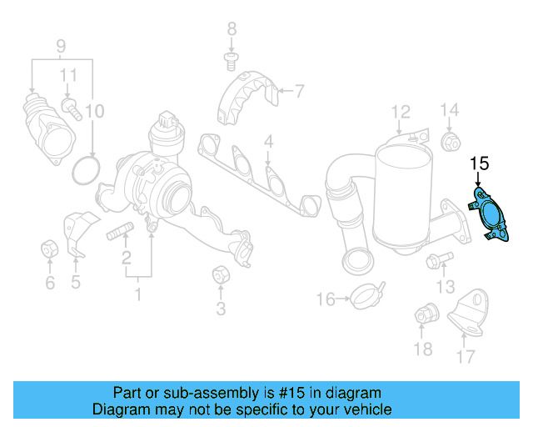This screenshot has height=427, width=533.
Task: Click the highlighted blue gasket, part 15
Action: (x=489, y=213)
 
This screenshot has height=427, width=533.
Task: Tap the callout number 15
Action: (x=480, y=163)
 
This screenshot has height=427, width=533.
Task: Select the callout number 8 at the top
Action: (x=232, y=29)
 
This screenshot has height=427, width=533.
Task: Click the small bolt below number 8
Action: (x=232, y=61)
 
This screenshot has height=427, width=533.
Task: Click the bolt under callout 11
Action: (x=72, y=109)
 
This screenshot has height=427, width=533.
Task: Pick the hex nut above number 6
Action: (x=49, y=250)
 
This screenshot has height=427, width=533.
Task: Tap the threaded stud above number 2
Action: (x=120, y=231)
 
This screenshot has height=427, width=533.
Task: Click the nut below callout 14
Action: (x=451, y=143)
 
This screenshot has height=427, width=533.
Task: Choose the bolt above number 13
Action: (x=440, y=260)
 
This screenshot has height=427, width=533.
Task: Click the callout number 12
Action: (x=401, y=112)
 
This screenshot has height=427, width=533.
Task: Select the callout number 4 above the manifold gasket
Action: (x=268, y=141)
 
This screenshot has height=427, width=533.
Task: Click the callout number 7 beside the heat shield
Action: (x=299, y=91)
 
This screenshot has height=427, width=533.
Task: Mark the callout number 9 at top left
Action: (x=61, y=46)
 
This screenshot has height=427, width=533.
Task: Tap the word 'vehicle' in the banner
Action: (x=370, y=409)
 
